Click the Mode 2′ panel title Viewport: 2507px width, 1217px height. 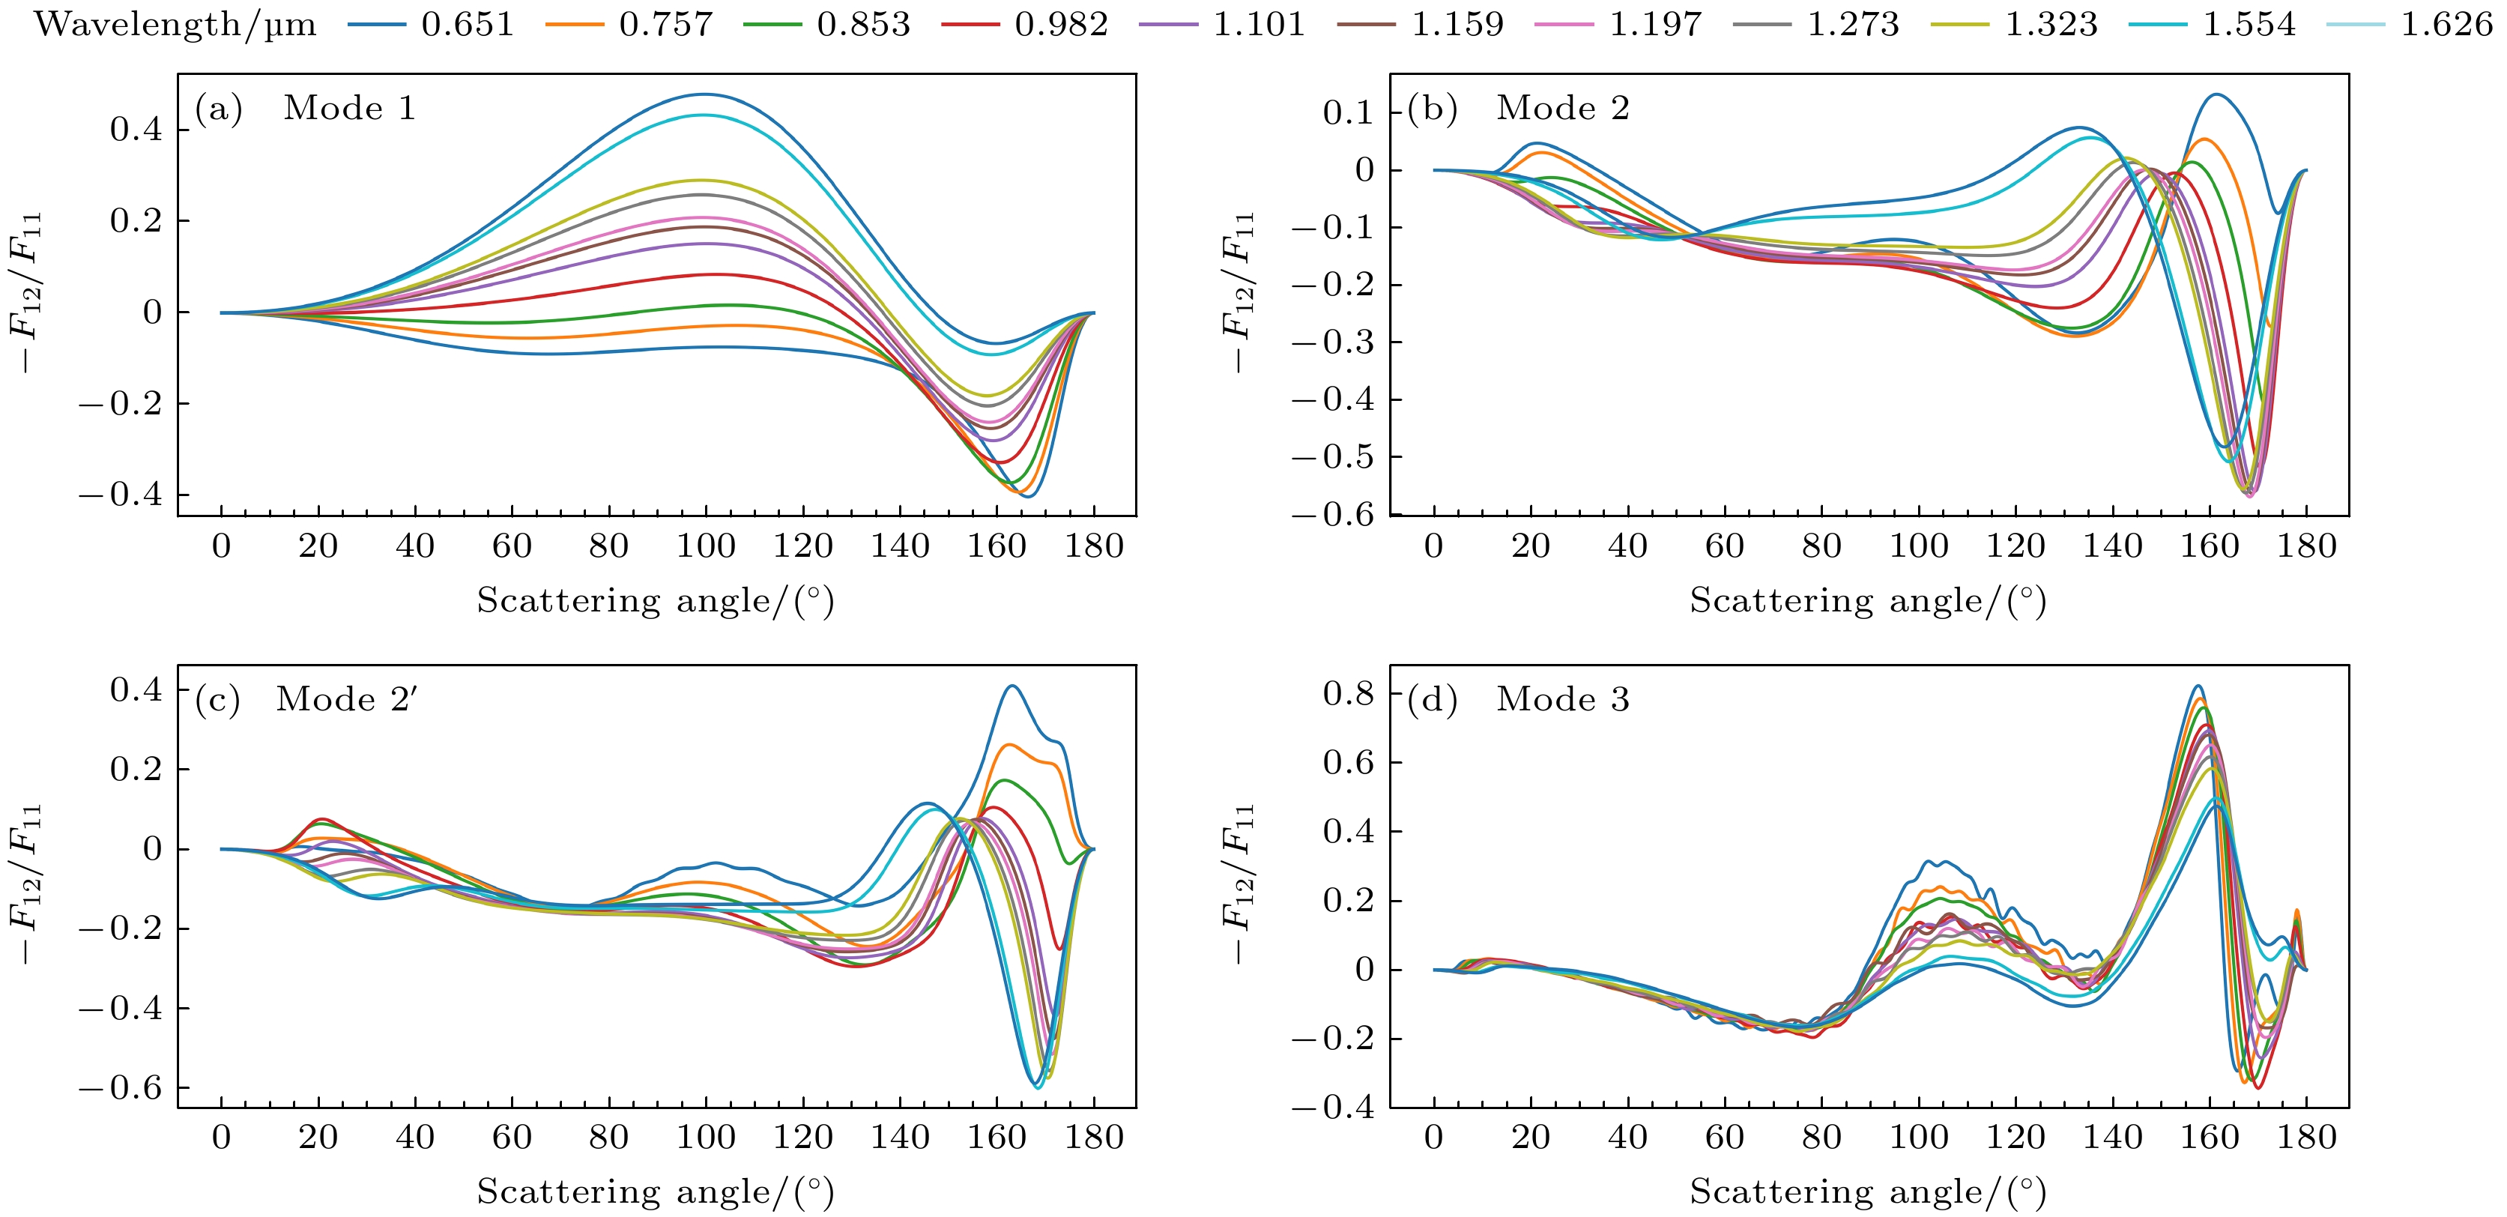[x=346, y=699]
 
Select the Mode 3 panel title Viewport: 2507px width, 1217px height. [x=1562, y=699]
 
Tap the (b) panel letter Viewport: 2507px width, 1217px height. [x=1432, y=107]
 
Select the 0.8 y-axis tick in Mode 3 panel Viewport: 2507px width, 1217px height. [x=1348, y=693]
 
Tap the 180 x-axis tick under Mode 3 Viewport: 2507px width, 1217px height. [x=2305, y=1137]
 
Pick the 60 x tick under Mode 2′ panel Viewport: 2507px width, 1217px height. [x=512, y=1137]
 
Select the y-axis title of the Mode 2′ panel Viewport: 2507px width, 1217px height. [x=26, y=884]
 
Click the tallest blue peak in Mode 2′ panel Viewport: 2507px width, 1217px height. [x=1013, y=686]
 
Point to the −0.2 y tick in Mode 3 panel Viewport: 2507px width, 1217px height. [x=1334, y=1039]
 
